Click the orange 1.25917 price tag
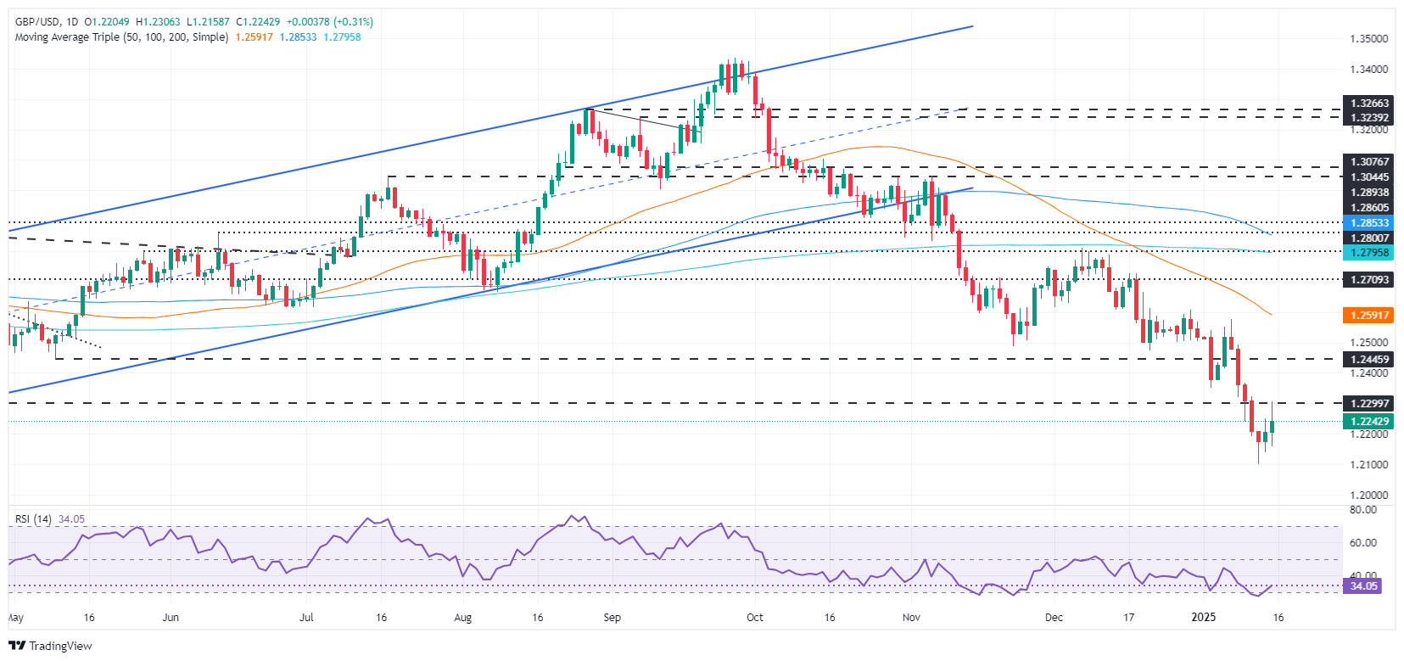[x=1369, y=316]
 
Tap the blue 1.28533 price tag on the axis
[x=1369, y=223]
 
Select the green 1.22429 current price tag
[x=1369, y=422]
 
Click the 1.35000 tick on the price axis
[x=1368, y=39]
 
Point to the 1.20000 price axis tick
[x=1368, y=495]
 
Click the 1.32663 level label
[x=1369, y=104]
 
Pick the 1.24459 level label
[x=1369, y=360]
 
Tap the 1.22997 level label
[x=1369, y=403]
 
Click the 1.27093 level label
[x=1369, y=279]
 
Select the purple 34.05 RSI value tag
[x=1363, y=585]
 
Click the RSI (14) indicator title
[x=33, y=519]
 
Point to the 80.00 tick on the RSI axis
[x=1362, y=510]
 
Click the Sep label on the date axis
[x=612, y=618]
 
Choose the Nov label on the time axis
[x=911, y=618]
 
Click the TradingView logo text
[x=59, y=646]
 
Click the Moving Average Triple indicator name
[x=121, y=37]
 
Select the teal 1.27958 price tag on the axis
[x=1369, y=253]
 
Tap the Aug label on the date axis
[x=462, y=618]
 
